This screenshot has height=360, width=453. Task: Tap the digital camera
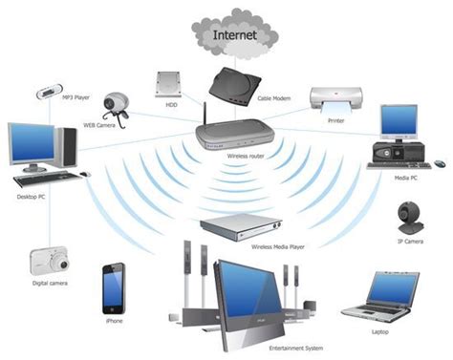[x=48, y=261]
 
